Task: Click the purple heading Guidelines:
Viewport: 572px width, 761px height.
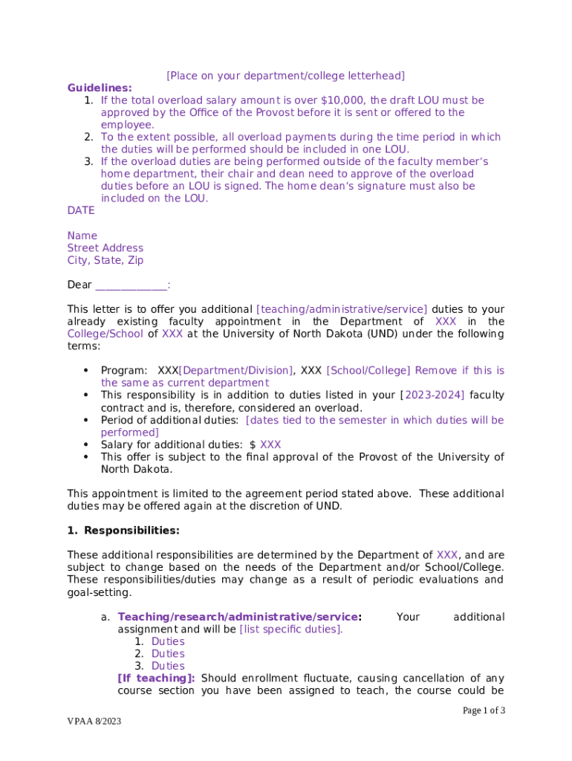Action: point(100,88)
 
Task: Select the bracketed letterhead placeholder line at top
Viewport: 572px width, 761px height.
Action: point(285,76)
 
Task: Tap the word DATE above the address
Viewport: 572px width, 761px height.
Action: point(81,211)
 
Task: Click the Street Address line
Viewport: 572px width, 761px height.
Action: point(105,248)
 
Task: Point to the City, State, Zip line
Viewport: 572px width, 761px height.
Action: point(105,261)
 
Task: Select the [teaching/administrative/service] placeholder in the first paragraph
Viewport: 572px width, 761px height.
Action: point(342,309)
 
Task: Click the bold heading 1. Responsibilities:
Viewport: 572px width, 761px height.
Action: point(123,531)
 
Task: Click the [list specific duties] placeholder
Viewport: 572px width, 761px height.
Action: point(291,629)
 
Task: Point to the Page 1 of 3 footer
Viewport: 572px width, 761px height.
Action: point(484,711)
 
